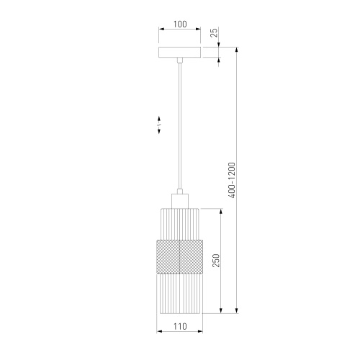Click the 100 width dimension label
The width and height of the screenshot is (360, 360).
[x=180, y=24]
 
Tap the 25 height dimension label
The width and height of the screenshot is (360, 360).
[x=214, y=32]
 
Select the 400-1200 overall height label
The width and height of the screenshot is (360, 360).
[x=232, y=180]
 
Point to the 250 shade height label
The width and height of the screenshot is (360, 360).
[x=216, y=261]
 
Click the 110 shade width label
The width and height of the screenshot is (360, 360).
[x=180, y=326]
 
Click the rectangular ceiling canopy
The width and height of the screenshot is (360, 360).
[x=180, y=53]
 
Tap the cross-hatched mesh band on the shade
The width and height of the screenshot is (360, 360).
[x=180, y=256]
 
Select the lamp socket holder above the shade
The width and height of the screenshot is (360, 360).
[x=180, y=201]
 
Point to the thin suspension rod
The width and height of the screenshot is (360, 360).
[x=180, y=126]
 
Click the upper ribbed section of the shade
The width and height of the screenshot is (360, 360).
[x=180, y=224]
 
